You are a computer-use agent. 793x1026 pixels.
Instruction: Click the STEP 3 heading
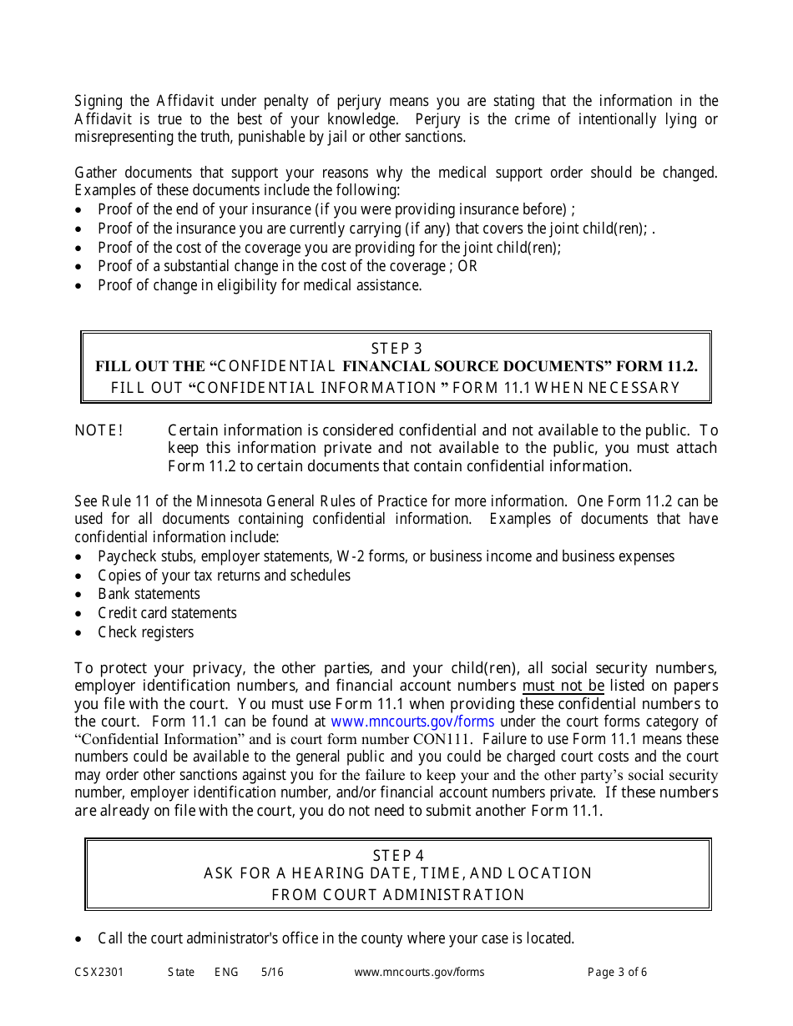396,349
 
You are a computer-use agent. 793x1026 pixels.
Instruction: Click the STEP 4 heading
398,856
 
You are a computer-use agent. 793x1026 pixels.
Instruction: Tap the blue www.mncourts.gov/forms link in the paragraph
412,722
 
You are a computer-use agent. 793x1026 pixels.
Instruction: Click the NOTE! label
98,430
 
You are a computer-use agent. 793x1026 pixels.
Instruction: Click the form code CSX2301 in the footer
98,972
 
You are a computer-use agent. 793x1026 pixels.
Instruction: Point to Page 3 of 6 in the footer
617,972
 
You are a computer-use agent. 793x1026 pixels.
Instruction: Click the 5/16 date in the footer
272,972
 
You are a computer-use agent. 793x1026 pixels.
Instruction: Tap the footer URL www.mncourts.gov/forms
419,972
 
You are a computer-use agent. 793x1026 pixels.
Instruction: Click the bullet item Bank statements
149,594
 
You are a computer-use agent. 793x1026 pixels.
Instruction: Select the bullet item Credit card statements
167,613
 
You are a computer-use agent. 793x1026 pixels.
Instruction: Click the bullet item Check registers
145,632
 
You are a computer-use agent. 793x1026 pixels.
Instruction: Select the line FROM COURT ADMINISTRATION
398,895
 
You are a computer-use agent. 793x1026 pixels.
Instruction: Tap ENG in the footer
226,972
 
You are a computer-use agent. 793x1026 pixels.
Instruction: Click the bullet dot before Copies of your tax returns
79,576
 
